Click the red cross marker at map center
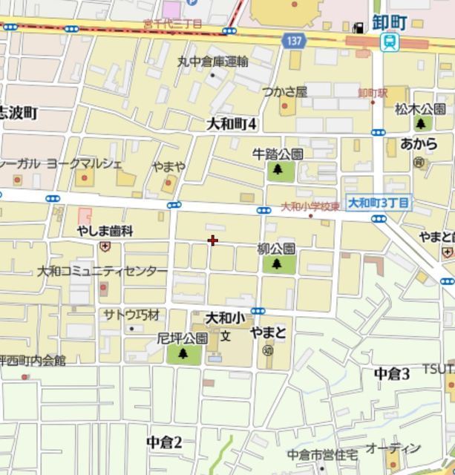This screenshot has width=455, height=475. click(213, 240)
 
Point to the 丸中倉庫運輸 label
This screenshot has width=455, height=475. click(213, 61)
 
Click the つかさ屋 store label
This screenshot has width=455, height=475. click(284, 91)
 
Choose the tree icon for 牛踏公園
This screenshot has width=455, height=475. click(278, 170)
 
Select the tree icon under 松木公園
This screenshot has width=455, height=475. click(422, 124)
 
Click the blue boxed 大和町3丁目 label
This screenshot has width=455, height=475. click(379, 202)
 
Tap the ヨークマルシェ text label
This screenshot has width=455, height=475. click(84, 162)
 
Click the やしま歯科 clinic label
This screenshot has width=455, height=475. click(105, 231)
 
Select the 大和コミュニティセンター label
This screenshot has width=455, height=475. click(103, 271)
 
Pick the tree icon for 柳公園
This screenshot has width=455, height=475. click(277, 263)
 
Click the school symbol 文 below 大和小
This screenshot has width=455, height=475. click(225, 336)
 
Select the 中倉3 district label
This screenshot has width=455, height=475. click(392, 373)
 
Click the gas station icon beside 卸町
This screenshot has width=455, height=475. click(359, 26)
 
